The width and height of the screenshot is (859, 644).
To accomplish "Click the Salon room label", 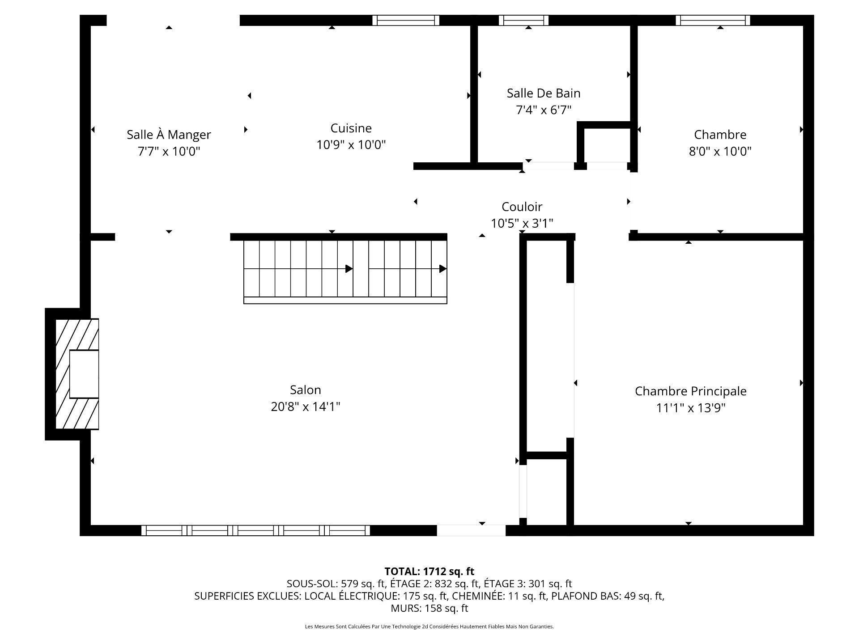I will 305,390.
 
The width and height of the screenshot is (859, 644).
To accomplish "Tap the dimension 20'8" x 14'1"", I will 305,407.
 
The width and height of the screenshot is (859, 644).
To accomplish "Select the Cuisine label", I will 351,128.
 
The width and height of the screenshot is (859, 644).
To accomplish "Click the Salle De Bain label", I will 543,93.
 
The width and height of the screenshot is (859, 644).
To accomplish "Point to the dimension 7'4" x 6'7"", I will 543,110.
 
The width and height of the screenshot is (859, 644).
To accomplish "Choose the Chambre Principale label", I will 690,391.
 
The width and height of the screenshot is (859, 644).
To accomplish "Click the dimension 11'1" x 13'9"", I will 690,408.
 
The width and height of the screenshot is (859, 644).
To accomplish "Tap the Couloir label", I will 522,207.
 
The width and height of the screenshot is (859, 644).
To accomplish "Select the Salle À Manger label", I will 169,134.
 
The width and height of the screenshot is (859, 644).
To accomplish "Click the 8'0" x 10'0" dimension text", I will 719,151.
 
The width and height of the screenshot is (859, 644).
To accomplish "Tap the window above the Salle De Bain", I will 523,20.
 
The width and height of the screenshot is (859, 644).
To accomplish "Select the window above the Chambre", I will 712,20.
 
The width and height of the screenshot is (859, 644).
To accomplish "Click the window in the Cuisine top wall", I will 405,20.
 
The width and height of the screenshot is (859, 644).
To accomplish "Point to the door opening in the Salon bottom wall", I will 471,530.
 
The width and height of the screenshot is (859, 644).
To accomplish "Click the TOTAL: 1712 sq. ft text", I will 429,571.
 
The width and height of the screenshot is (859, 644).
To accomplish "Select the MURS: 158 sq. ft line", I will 429,608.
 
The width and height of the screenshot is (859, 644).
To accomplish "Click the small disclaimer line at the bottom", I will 429,627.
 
